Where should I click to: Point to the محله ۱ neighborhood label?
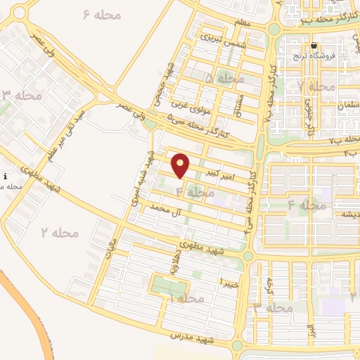(186, 299)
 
